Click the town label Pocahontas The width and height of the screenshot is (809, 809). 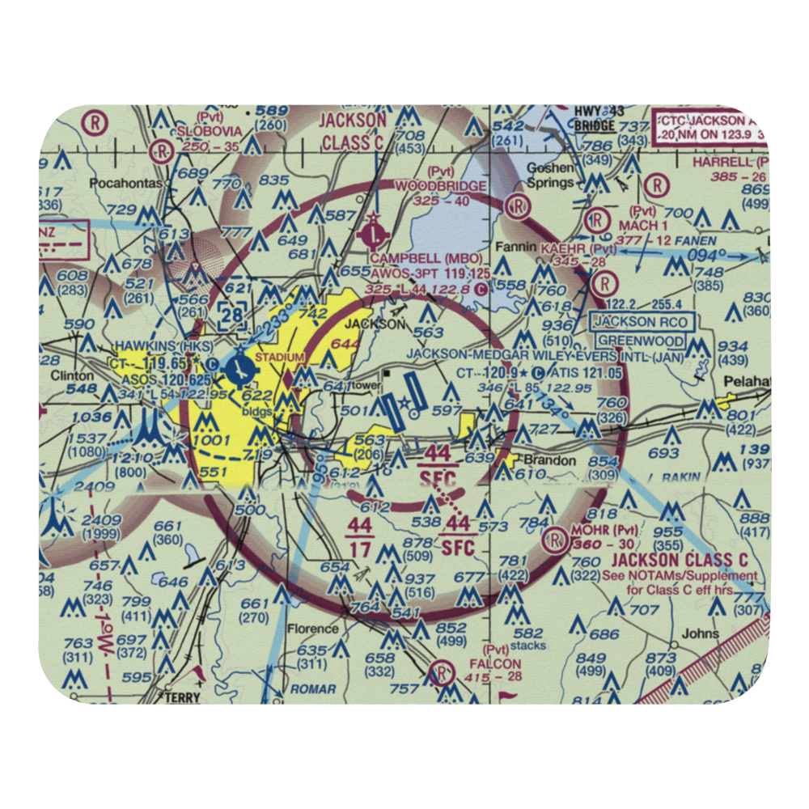[127, 183]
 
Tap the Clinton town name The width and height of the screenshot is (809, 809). [67, 376]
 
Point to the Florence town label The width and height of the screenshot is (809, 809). [312, 629]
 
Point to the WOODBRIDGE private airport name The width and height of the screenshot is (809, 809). [442, 186]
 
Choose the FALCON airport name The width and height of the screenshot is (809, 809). [502, 663]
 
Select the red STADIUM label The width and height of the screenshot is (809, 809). [280, 357]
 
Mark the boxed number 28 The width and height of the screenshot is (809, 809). [233, 315]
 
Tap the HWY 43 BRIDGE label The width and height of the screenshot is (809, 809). [594, 119]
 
